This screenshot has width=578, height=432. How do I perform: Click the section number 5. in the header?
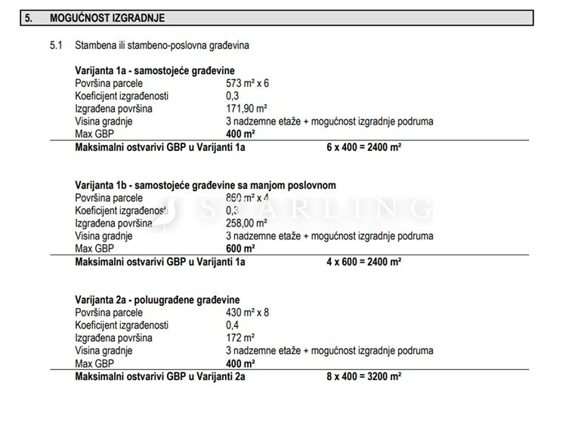tap(29, 17)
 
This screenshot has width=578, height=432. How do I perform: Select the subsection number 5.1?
tap(56, 46)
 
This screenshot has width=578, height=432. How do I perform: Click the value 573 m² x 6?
tap(247, 83)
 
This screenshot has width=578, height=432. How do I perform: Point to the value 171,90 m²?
tap(246, 109)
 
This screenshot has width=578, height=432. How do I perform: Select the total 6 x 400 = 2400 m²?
tap(363, 147)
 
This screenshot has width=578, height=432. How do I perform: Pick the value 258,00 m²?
tap(246, 223)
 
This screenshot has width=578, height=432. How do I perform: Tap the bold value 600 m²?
tap(240, 248)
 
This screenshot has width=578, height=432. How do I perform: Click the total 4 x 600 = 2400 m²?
tap(363, 262)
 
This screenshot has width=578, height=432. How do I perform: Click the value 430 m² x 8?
tap(247, 312)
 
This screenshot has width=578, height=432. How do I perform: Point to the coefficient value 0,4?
tap(232, 325)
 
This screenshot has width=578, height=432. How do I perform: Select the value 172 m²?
tap(240, 338)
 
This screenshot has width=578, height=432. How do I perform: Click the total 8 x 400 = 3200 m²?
tap(363, 376)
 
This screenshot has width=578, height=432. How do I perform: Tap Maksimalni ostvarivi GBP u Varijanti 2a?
tap(160, 376)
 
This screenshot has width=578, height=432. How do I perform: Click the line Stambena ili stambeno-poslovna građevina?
tap(162, 46)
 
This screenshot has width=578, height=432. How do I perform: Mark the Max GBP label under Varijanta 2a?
tap(94, 363)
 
